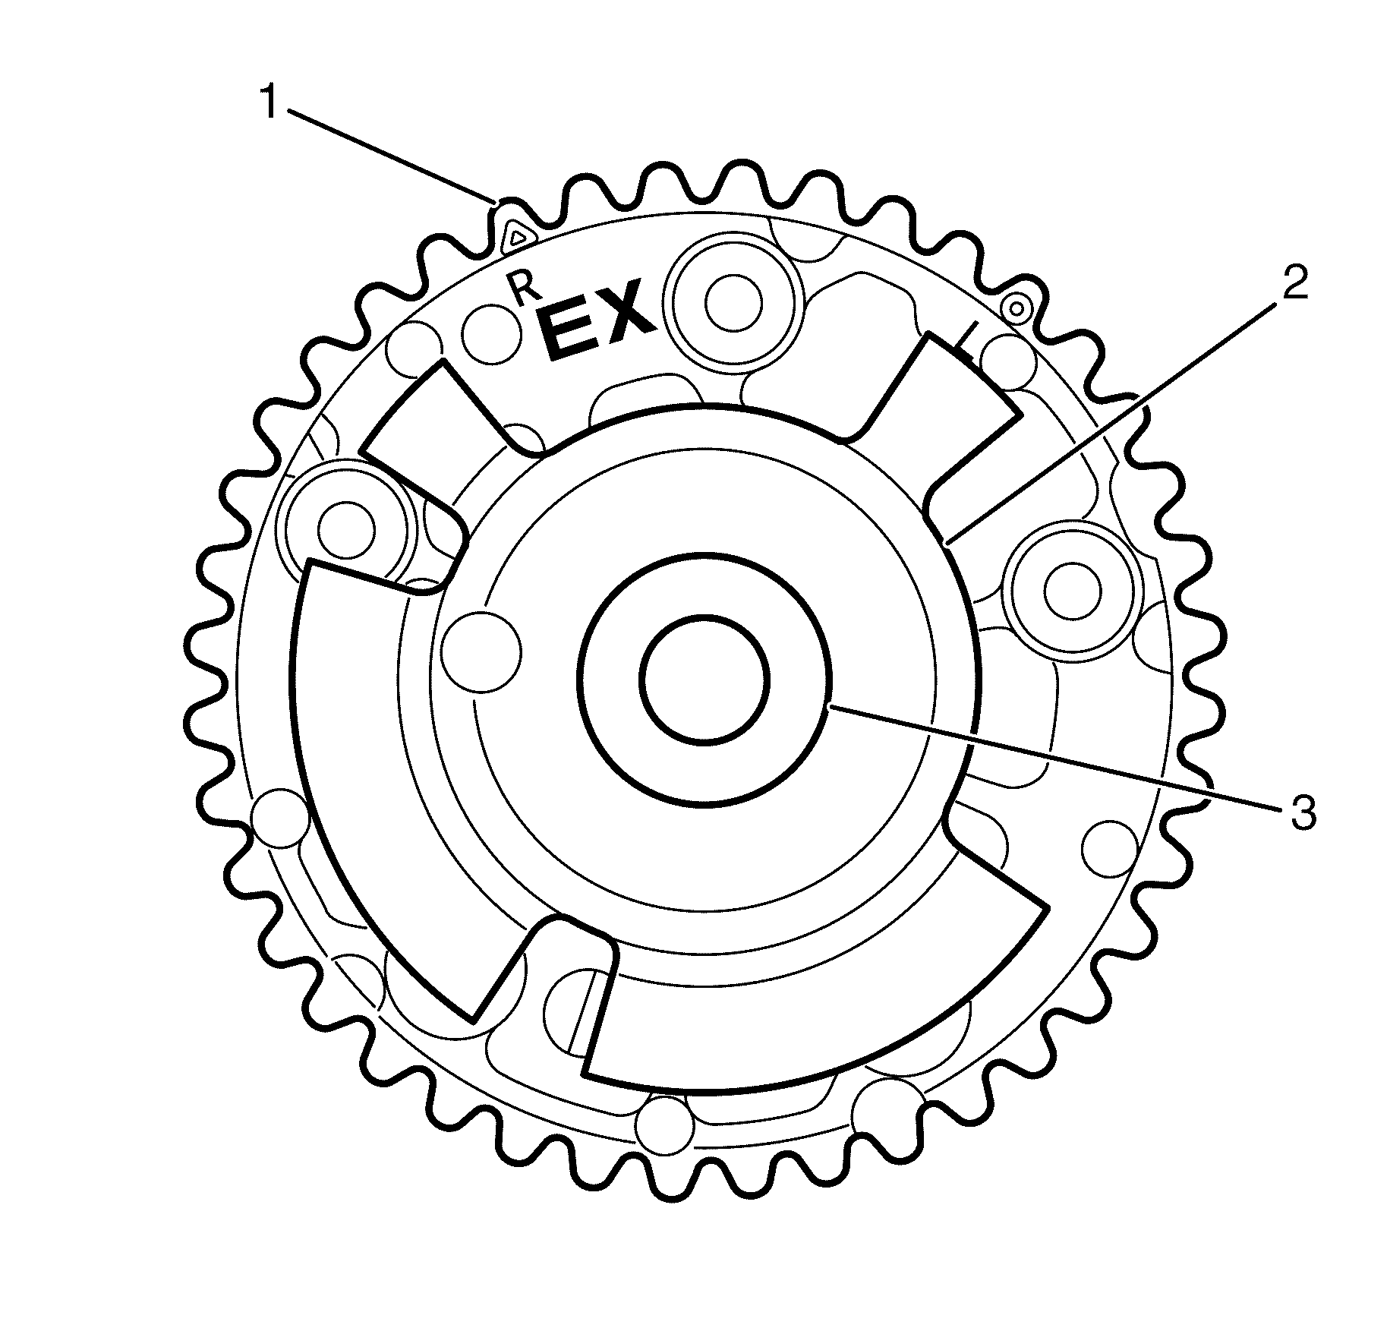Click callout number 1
click(x=269, y=103)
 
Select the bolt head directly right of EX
click(x=733, y=302)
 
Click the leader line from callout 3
click(x=1063, y=759)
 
